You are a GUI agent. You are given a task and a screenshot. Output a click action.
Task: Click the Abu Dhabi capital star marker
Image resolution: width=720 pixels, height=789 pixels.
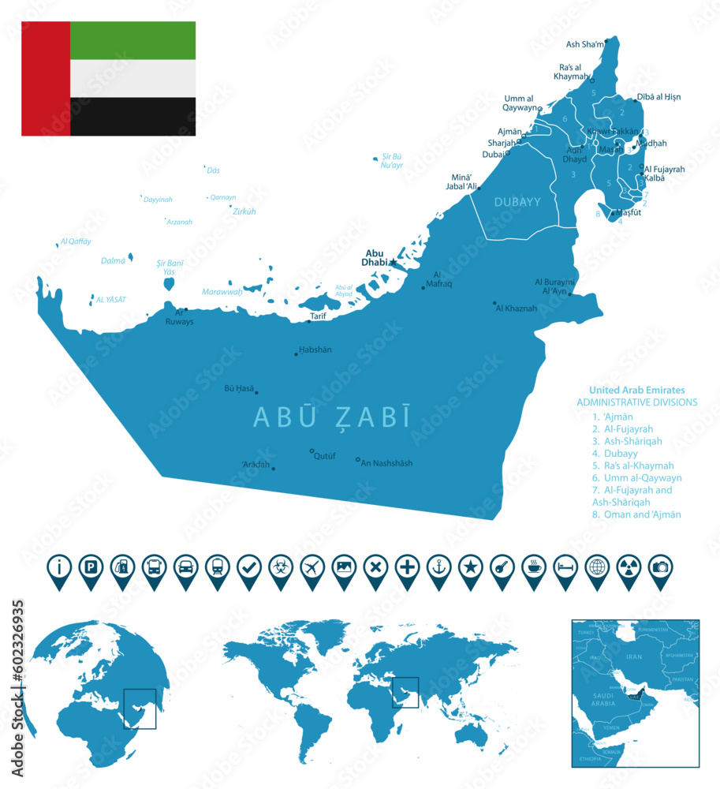(393, 262)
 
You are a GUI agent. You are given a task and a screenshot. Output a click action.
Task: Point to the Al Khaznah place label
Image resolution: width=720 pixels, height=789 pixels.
(516, 308)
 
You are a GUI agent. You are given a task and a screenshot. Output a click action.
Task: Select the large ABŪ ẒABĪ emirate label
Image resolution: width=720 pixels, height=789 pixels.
(331, 417)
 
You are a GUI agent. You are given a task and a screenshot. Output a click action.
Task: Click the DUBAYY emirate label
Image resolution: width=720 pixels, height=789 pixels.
(517, 202)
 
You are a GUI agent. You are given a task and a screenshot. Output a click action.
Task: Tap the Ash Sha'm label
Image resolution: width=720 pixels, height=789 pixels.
(584, 44)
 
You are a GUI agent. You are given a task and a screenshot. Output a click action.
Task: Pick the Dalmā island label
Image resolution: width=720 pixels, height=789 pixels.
(113, 260)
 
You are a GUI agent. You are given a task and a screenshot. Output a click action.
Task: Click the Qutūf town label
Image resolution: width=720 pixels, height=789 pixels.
(325, 456)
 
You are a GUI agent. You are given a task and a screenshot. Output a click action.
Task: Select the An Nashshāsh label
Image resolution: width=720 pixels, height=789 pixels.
(386, 463)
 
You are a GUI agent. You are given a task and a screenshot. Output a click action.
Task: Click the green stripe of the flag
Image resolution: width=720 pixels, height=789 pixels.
(132, 40)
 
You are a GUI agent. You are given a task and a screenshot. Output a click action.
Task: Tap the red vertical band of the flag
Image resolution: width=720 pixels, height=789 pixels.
(46, 78)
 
